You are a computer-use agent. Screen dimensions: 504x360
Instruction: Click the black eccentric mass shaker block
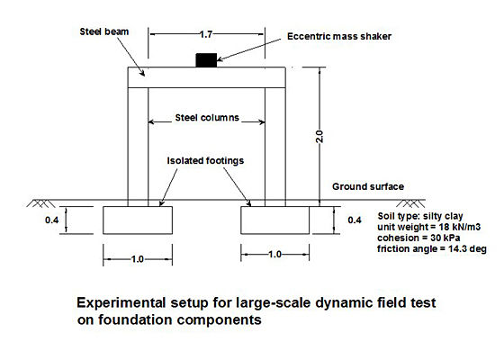[x=206, y=60]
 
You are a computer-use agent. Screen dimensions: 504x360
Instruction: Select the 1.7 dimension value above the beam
[x=206, y=34]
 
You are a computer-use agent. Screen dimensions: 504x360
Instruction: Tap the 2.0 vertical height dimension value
[x=319, y=136]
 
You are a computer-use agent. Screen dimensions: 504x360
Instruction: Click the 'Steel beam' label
[x=104, y=31]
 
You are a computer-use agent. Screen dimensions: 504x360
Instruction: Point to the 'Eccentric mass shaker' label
[x=339, y=36]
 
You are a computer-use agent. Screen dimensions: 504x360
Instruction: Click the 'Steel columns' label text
[x=207, y=118]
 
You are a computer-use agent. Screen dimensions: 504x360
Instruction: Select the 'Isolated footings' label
[x=205, y=160]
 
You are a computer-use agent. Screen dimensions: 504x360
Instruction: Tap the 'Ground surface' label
[x=368, y=186]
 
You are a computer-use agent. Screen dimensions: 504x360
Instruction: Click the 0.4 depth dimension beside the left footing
[x=52, y=220]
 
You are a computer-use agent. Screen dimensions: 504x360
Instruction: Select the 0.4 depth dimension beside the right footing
[x=355, y=220]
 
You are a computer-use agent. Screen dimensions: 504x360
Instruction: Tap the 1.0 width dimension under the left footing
[x=137, y=259]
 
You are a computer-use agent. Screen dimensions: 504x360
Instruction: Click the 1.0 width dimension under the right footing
[x=274, y=255]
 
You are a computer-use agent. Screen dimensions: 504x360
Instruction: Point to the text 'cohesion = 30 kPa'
[x=418, y=238]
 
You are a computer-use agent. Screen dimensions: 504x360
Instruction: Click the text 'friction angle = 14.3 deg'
[x=432, y=248]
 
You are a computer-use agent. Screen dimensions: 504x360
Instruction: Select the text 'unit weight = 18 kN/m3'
[x=428, y=227]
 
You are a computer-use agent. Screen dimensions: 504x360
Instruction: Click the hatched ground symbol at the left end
[x=40, y=203]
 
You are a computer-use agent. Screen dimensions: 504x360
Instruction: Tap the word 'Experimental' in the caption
[x=121, y=303]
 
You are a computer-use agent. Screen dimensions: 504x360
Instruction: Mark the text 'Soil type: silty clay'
[x=420, y=216]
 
